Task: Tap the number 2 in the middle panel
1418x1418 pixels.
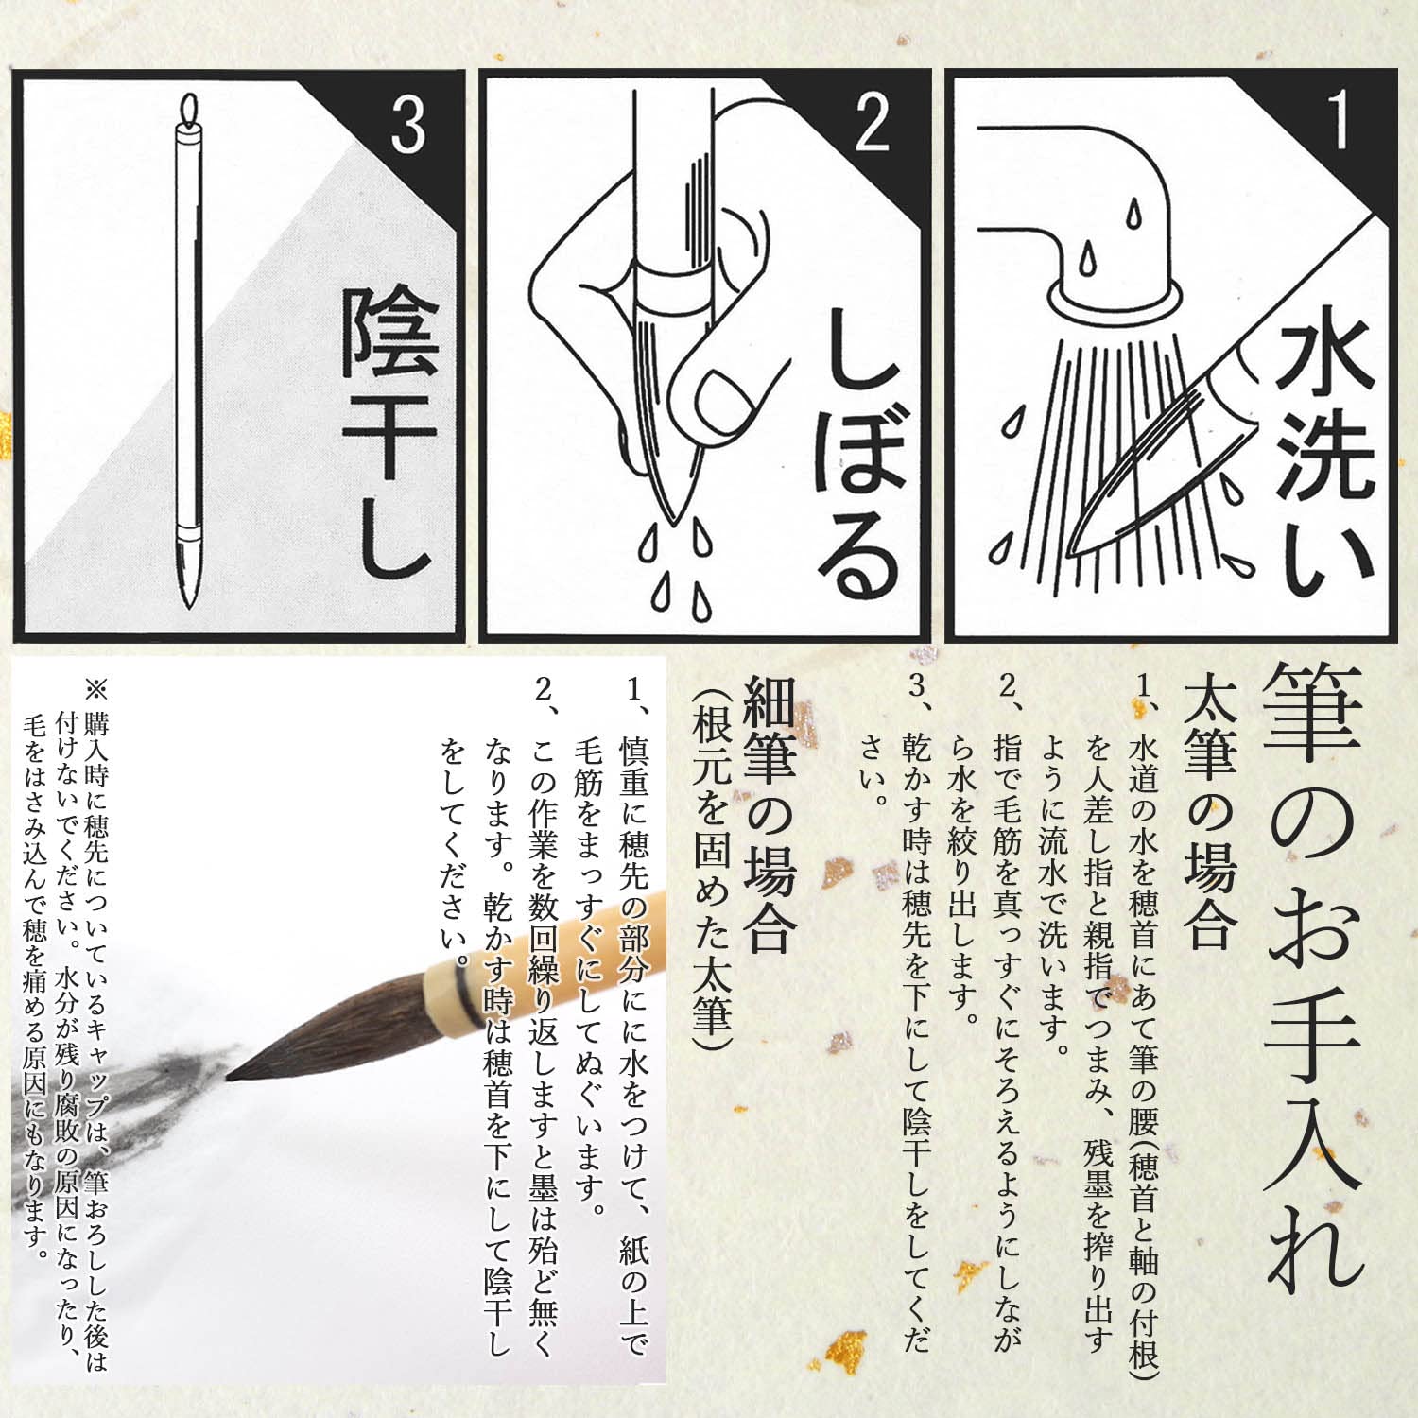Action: point(872,125)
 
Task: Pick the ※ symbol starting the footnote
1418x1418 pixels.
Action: point(97,687)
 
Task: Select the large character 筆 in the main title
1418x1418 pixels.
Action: point(1312,714)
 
